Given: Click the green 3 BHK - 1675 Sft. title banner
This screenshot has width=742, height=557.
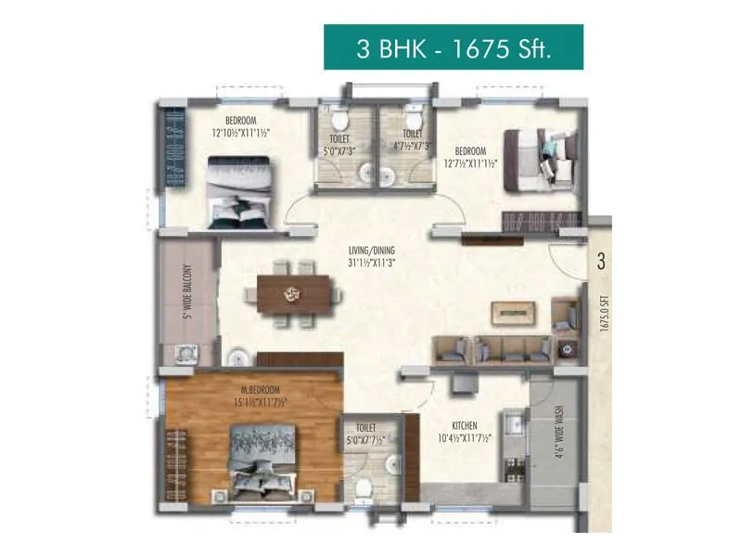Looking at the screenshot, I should [x=454, y=47].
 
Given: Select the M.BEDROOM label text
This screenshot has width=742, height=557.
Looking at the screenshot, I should [x=262, y=389].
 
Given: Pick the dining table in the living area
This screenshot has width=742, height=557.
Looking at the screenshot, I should [x=294, y=294].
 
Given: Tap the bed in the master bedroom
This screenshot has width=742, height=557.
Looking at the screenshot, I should [x=264, y=460].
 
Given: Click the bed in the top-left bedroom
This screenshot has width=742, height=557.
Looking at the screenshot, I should [x=239, y=190].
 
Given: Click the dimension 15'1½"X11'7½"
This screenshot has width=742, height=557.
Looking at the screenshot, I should [x=262, y=402].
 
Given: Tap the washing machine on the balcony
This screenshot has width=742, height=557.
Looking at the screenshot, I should [x=187, y=353].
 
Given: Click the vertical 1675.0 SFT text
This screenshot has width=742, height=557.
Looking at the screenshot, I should [x=604, y=314].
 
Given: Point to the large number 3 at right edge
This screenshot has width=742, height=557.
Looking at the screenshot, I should [x=601, y=262].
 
